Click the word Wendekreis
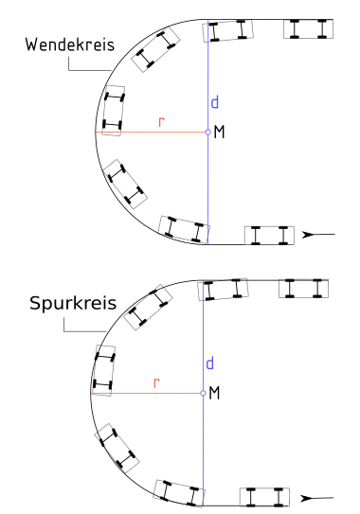point(70,44)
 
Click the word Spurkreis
point(73,303)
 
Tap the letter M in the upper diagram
point(219,133)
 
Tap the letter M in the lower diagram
point(214,393)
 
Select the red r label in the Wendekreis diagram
point(161,121)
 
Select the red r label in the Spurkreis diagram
point(156,382)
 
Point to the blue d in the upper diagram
point(215,102)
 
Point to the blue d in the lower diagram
point(209,363)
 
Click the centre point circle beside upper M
point(207,133)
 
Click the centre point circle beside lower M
point(203,393)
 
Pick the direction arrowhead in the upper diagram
point(309,235)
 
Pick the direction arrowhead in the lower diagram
point(307,499)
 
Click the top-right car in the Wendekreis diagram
point(309,28)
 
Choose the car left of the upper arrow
point(269,236)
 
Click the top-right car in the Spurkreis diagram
point(303,289)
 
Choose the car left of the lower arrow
point(264,497)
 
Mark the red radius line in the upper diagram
point(152,133)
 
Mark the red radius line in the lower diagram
point(147,393)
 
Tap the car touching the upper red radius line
point(114,111)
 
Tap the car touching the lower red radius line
point(104,370)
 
